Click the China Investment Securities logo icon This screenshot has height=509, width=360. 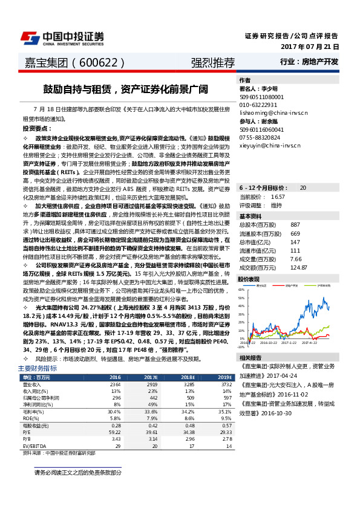[x=30, y=38]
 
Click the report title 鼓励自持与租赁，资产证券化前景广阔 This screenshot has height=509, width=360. [x=125, y=89]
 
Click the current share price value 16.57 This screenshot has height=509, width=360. [x=278, y=196]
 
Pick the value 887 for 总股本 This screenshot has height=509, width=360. [x=295, y=224]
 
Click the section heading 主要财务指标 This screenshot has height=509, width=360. [x=38, y=368]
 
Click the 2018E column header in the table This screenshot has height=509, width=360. [x=189, y=377]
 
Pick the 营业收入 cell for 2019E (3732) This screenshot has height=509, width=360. [x=226, y=384]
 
